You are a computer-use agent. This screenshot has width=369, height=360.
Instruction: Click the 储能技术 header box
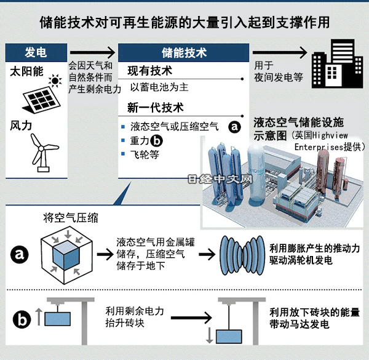(183, 53)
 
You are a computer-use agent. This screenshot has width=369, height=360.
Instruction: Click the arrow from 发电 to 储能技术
(92, 53)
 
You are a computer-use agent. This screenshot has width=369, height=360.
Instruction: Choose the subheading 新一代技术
(155, 108)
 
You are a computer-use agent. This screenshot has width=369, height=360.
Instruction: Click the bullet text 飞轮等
(145, 155)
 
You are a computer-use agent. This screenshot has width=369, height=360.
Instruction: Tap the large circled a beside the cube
(21, 253)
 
